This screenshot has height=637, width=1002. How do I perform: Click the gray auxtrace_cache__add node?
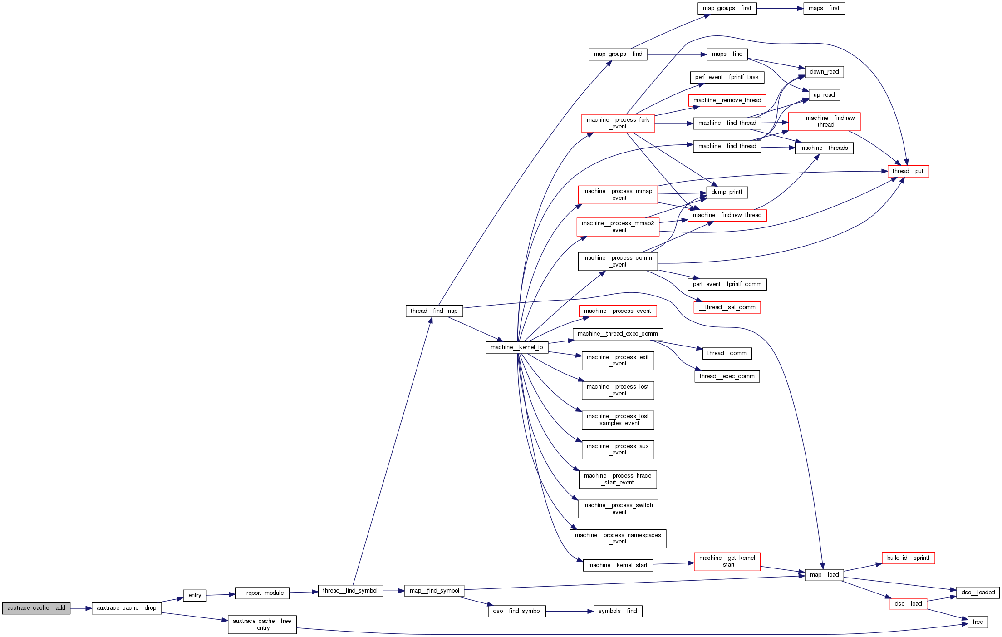coord(36,608)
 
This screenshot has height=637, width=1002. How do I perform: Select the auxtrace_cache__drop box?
coord(127,608)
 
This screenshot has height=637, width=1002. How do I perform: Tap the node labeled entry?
coord(195,595)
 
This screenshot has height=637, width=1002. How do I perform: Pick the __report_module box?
coord(262,593)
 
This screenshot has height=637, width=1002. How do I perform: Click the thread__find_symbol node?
coord(350,591)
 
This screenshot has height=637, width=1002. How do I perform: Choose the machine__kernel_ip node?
coord(516,347)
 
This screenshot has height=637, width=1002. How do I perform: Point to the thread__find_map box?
coord(434,311)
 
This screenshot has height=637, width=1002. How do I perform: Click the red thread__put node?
coord(908,171)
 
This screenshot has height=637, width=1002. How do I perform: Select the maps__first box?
coord(824,8)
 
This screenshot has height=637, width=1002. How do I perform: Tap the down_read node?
coord(824,72)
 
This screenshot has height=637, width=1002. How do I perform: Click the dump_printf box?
coord(727,192)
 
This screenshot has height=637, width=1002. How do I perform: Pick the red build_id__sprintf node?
coord(908,558)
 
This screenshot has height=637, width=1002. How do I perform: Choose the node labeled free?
coord(978,622)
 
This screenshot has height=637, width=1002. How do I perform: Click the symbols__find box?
coord(618,611)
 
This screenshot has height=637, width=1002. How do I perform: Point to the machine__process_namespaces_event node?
coord(618,538)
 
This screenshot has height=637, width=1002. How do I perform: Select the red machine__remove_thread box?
coord(727,100)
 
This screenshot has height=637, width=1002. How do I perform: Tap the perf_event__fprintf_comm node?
coord(727,284)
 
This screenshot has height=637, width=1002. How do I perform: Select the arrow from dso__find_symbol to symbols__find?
coord(570,611)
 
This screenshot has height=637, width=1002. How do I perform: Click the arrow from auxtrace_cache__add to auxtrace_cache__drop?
coord(81,608)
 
